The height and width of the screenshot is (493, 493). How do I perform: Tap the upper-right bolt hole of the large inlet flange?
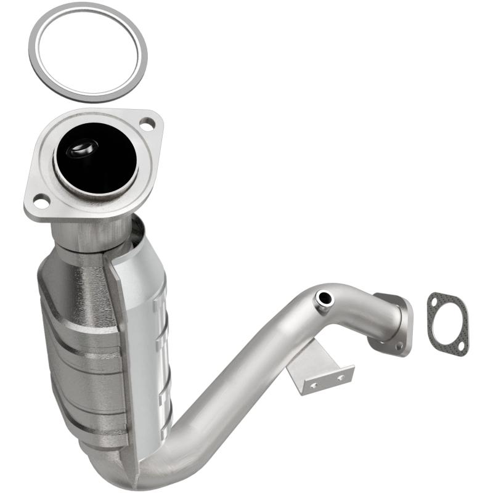(x=146, y=124)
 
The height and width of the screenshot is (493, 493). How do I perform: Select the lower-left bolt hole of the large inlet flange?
(x=41, y=200)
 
